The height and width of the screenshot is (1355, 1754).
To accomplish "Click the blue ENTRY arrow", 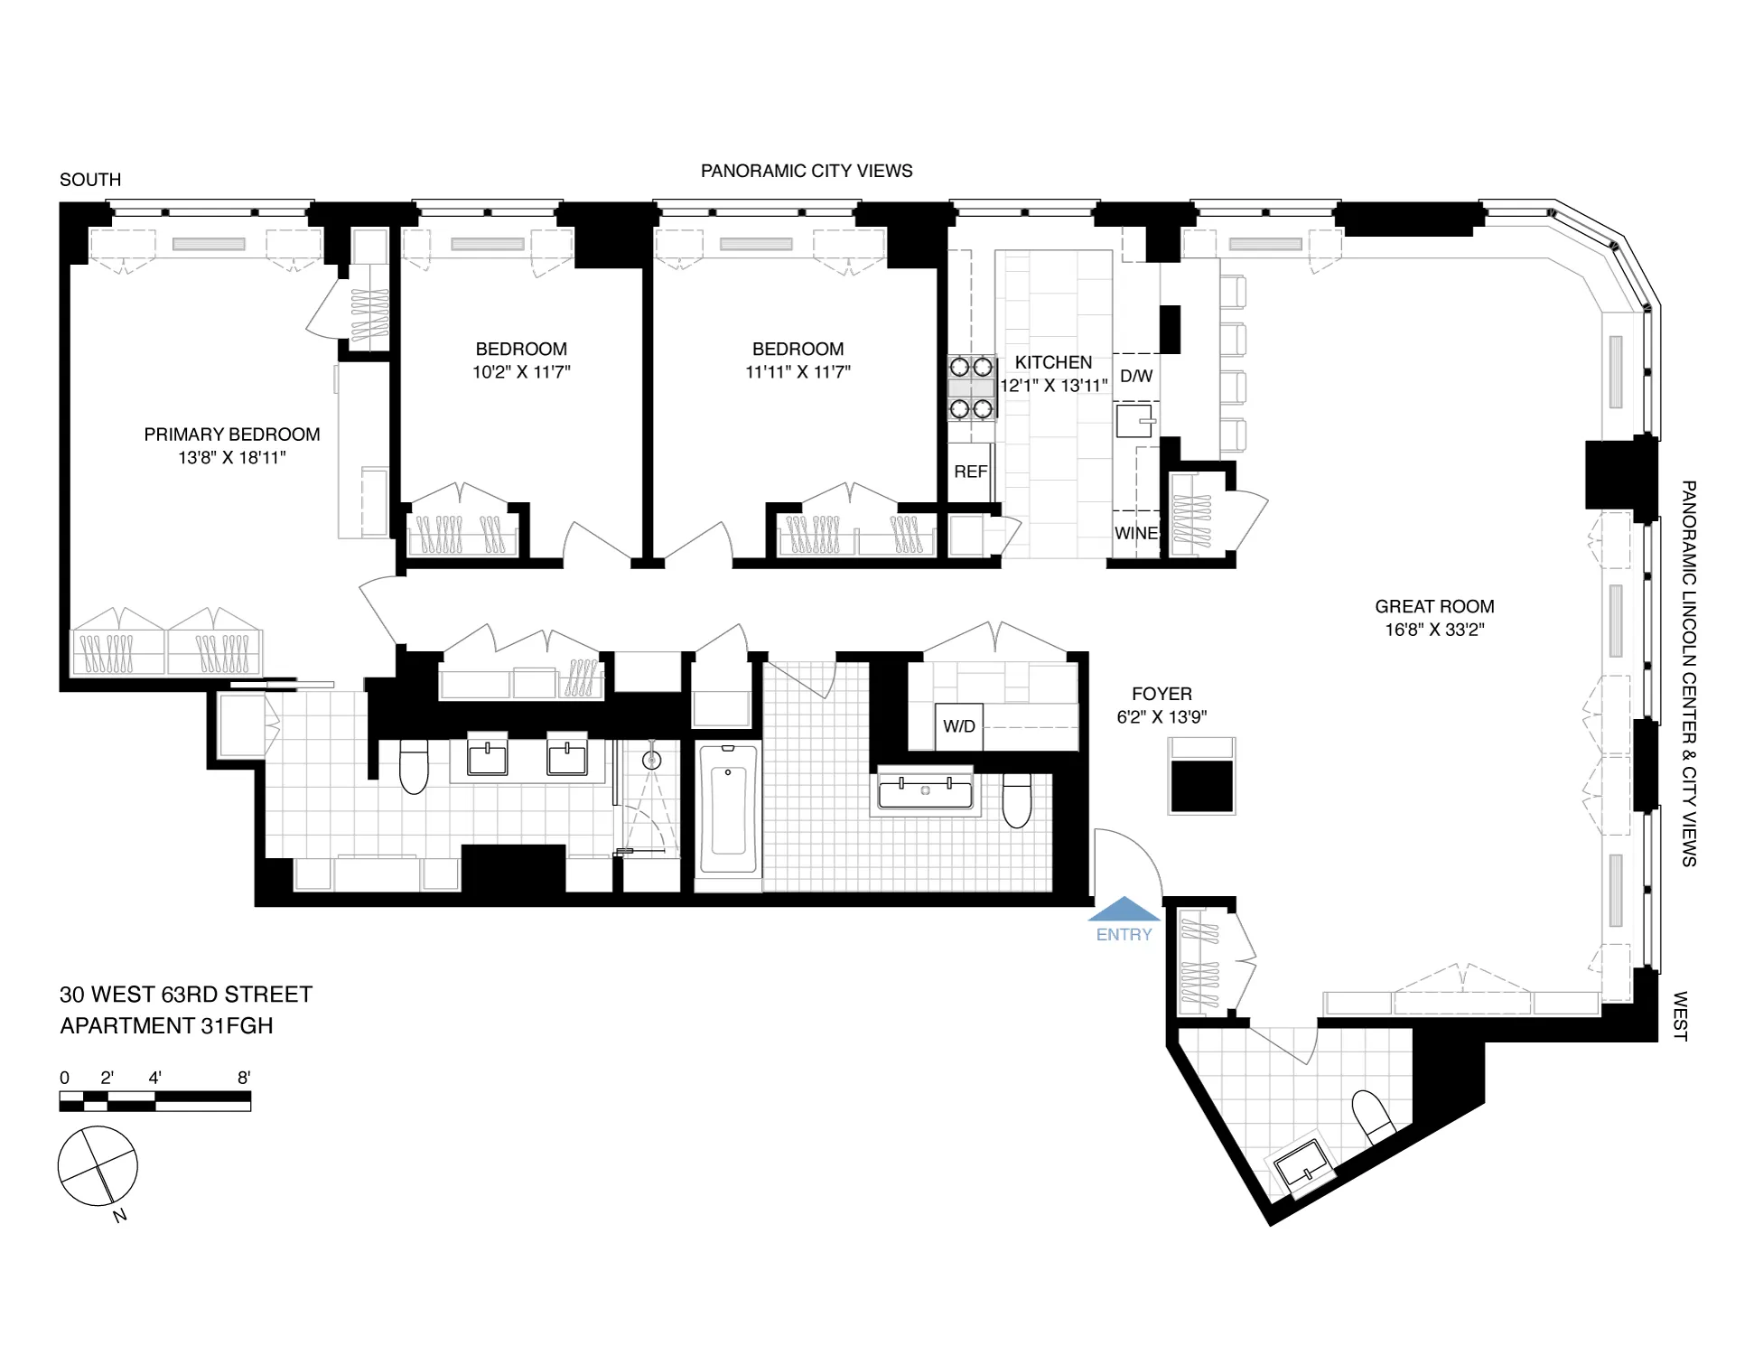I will (x=1124, y=910).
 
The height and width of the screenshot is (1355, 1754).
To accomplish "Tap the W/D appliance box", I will (x=958, y=726).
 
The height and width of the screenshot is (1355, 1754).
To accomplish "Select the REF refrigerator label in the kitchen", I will (x=970, y=472).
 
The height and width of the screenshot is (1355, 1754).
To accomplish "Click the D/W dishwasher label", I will (x=1136, y=376).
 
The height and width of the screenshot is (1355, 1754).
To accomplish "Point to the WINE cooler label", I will (x=1135, y=533).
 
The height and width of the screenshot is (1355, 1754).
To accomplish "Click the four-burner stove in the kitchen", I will (x=971, y=388).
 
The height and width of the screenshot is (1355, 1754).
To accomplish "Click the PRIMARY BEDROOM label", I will (x=232, y=435).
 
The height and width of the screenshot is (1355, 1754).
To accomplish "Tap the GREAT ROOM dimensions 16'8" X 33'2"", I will (x=1434, y=630).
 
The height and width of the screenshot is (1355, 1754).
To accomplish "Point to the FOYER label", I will (x=1162, y=694).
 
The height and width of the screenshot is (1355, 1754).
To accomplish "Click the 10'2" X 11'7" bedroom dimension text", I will (x=521, y=371).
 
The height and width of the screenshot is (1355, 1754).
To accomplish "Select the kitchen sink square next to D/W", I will (x=1134, y=421).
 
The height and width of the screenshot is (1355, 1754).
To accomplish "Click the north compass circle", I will (x=98, y=1166).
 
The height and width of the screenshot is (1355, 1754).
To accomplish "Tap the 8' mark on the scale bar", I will (x=244, y=1078).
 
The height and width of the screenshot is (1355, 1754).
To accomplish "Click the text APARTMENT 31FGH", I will (x=166, y=1026).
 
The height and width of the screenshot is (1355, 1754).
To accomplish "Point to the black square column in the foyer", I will (x=1201, y=786).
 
